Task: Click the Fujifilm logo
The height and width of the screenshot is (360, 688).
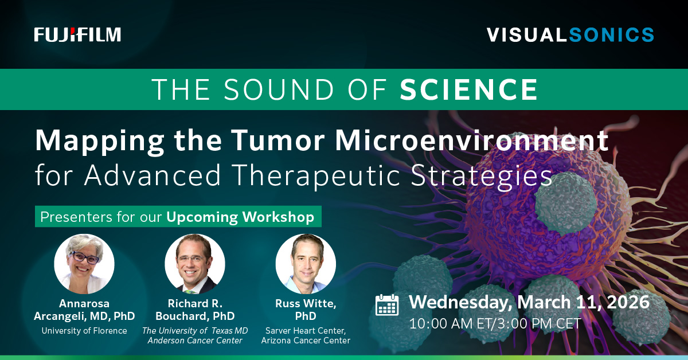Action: [x=77, y=34]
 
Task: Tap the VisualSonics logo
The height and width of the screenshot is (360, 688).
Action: [x=570, y=35]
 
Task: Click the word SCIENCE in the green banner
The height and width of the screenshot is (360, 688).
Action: [x=469, y=89]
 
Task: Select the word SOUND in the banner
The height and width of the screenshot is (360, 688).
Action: [x=279, y=89]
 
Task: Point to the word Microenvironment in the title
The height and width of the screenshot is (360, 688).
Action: [x=472, y=140]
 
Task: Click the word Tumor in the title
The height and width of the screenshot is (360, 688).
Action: [x=278, y=140]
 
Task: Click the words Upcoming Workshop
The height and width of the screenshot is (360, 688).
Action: [x=240, y=217]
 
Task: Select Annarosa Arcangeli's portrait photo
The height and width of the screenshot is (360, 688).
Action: [x=84, y=264]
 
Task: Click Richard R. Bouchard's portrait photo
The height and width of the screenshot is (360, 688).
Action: [x=195, y=264]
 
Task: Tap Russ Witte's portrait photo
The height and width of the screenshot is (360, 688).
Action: [x=306, y=264]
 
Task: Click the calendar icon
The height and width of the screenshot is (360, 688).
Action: [x=387, y=305]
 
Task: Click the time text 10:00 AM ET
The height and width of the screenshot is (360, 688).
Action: [x=452, y=323]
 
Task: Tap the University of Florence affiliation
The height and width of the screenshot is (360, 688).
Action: [x=84, y=331]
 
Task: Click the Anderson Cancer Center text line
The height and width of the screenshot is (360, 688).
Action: [x=195, y=341]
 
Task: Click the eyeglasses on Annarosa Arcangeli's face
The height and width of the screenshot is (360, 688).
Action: [x=85, y=257]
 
